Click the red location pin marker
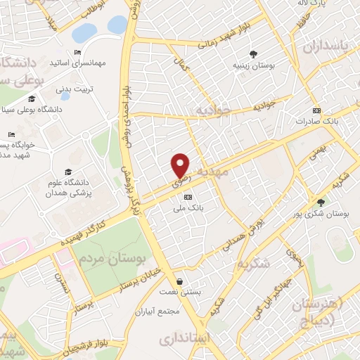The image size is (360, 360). [181, 165]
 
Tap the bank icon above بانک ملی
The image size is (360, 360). [186, 198]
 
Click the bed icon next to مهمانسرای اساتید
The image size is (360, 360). [77, 53]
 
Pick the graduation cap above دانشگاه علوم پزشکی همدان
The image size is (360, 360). [68, 172]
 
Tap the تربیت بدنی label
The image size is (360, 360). [74, 89]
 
